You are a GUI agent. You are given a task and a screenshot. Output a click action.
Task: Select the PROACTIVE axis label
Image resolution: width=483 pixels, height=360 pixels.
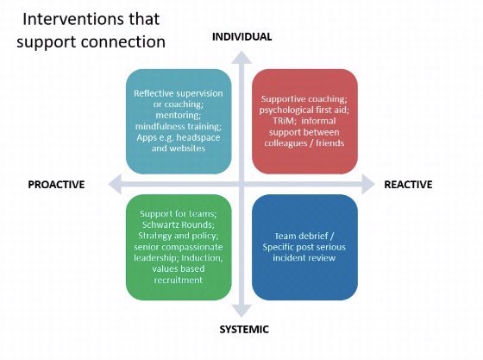click(x=56, y=184)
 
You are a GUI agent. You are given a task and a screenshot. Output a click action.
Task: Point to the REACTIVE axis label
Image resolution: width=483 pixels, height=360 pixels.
click(x=407, y=184)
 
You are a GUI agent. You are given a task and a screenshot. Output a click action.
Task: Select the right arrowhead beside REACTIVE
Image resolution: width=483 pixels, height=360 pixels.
click(x=368, y=184)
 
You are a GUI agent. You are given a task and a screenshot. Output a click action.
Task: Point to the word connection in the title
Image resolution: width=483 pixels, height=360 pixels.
click(x=122, y=41)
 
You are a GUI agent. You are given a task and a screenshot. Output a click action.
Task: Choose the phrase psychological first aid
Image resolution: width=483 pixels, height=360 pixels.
click(x=300, y=111)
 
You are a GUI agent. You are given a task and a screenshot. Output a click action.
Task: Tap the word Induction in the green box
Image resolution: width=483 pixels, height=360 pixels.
click(x=204, y=258)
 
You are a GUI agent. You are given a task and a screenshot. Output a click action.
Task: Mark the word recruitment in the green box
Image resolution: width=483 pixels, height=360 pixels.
click(x=179, y=280)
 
